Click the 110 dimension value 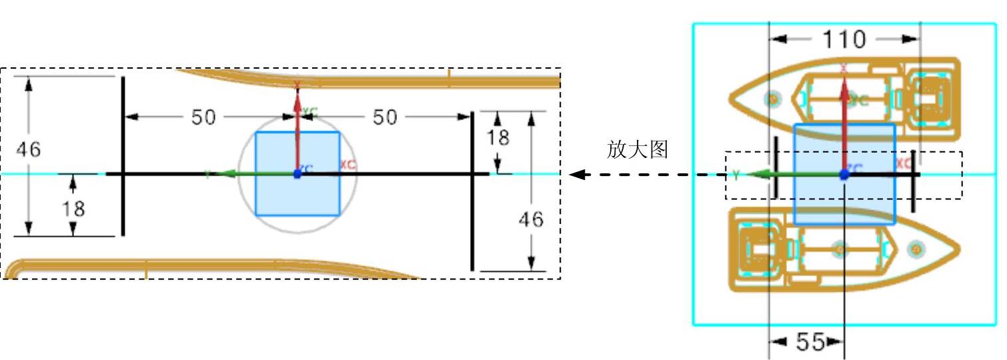[844, 39]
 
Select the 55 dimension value [810, 342]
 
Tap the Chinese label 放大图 [637, 149]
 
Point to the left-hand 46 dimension [29, 150]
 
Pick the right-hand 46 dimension [531, 219]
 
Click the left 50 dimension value [204, 117]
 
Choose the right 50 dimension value [384, 117]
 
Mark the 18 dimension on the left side [73, 209]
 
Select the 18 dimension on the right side [498, 137]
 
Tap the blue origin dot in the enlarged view [297, 174]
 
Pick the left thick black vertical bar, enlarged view [123, 155]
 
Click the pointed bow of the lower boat [958, 249]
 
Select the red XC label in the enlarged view [347, 164]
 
